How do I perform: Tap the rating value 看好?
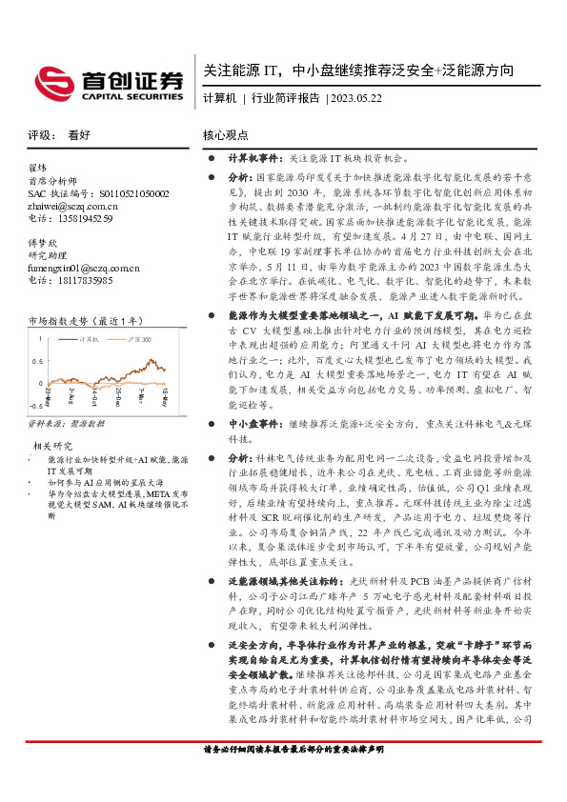click(x=78, y=136)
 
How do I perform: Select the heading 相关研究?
click(x=53, y=446)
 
